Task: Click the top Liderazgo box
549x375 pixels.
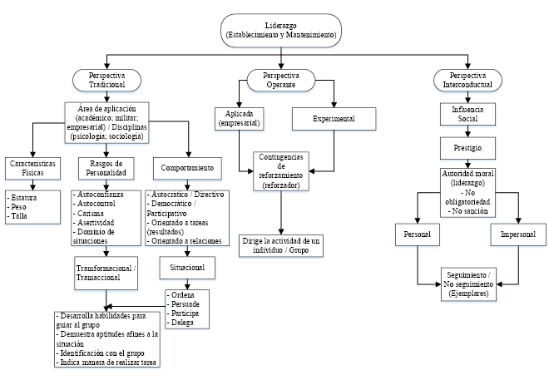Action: (x=280, y=31)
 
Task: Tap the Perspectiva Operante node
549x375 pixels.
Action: (x=280, y=81)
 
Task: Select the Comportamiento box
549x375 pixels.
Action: (x=187, y=168)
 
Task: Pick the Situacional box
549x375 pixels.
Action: (x=187, y=269)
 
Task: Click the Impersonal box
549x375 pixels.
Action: (x=517, y=235)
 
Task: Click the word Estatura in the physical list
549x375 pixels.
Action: (x=24, y=198)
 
